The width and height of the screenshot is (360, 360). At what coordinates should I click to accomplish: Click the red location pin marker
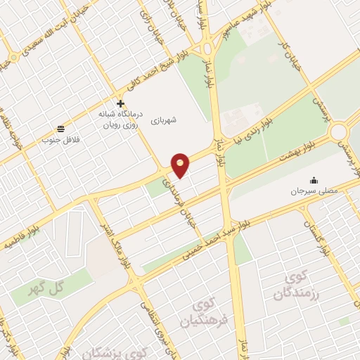coord(181,165)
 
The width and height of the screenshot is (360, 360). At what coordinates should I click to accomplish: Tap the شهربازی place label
coord(163,121)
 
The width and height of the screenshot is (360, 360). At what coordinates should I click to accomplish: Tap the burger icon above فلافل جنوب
coord(61,129)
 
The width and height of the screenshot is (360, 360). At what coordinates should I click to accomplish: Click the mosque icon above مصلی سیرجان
coord(313,180)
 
